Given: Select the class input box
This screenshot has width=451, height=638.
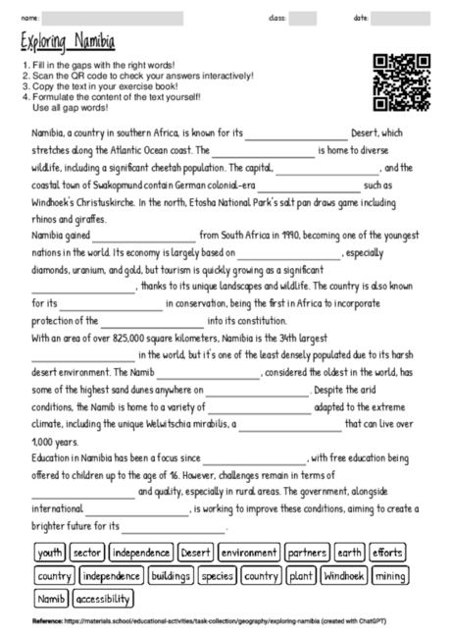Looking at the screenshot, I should (302, 18).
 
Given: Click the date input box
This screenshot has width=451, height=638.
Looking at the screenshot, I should (400, 18).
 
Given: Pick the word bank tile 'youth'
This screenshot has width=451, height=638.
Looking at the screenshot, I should (50, 553).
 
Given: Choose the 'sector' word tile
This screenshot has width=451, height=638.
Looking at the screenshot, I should (87, 553).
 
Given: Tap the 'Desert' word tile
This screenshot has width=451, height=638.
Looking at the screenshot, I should (196, 553).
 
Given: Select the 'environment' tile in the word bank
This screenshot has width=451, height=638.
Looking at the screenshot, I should (249, 553).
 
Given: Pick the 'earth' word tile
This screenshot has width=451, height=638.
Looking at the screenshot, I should (349, 553).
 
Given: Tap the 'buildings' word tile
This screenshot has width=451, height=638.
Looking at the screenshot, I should (170, 576).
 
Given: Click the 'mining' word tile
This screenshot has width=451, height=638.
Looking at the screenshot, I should (391, 576).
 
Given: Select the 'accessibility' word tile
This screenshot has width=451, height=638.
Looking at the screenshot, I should (103, 599).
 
